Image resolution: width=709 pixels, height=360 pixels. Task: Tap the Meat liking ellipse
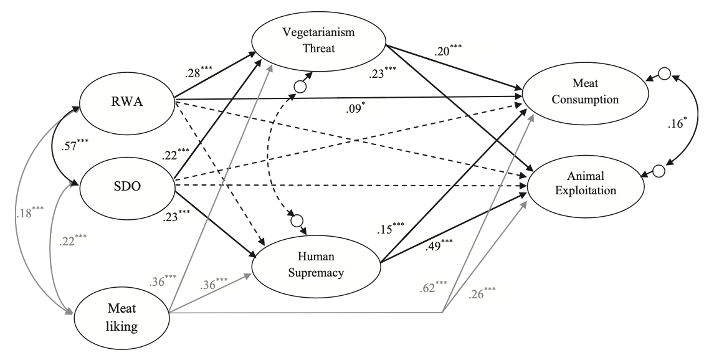(122, 318)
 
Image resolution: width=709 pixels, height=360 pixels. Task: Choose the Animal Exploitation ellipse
(586, 183)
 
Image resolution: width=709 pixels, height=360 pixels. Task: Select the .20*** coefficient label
(448, 50)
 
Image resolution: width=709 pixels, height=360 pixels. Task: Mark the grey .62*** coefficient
(434, 287)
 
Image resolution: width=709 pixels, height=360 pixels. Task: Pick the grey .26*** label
(482, 293)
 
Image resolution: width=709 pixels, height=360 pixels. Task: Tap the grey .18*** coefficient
(29, 212)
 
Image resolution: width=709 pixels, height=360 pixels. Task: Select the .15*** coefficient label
(391, 229)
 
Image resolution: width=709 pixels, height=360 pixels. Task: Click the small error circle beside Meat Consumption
(664, 73)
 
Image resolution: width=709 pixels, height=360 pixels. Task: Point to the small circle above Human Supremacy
(297, 221)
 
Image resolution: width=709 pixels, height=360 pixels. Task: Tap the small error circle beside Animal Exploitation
(659, 171)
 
